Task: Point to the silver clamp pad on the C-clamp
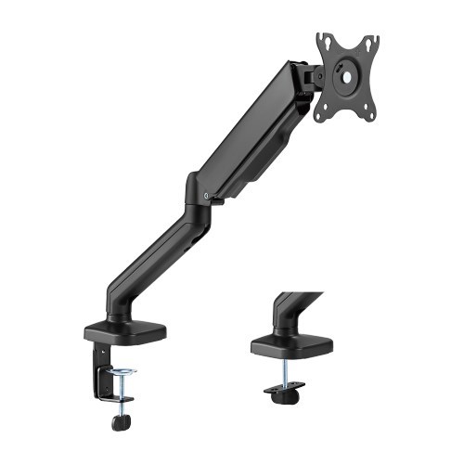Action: [x=122, y=372]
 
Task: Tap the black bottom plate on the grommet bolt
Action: [x=286, y=391]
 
